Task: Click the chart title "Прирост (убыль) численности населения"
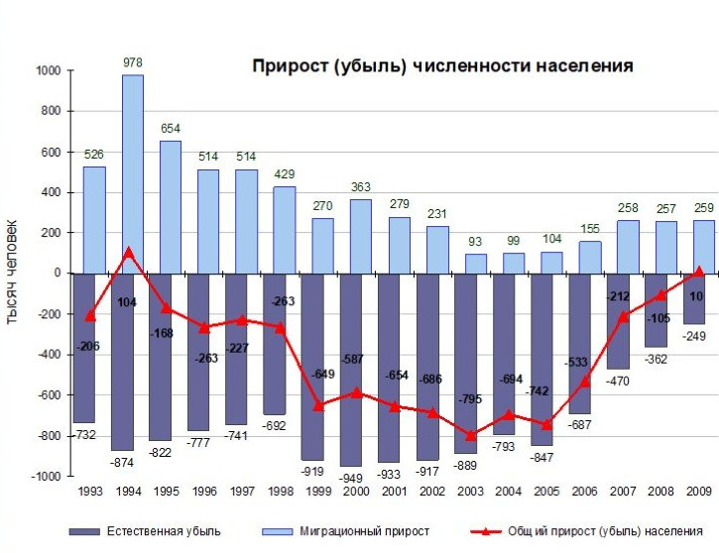[442, 66]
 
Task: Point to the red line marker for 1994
[129, 252]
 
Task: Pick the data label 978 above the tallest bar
[132, 62]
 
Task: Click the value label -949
[350, 478]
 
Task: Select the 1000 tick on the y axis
[48, 71]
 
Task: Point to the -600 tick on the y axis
[48, 395]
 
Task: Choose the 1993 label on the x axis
[90, 492]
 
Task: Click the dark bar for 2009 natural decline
[692, 298]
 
